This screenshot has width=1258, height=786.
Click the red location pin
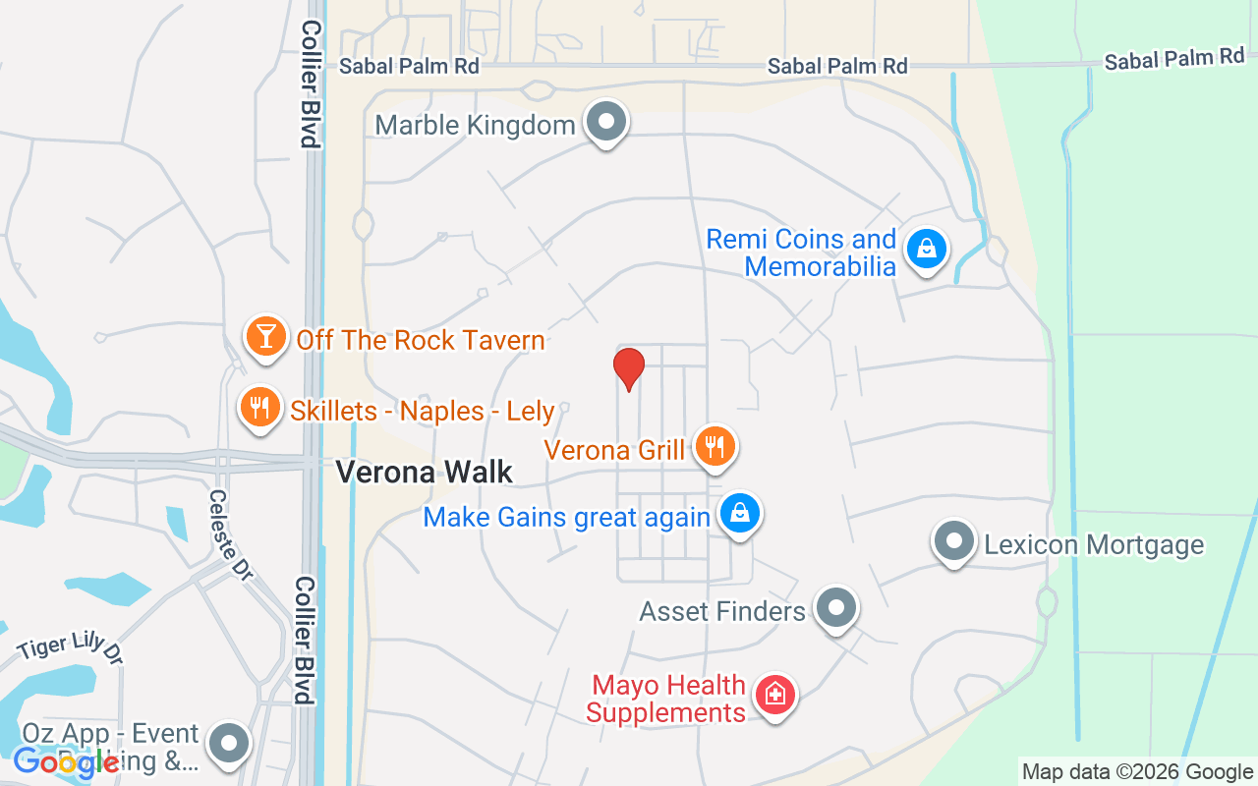pos(628,368)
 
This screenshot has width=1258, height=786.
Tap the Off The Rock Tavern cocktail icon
pos(264,336)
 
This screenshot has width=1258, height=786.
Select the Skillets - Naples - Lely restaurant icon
pos(259,406)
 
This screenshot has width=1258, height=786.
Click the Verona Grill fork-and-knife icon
pos(715,447)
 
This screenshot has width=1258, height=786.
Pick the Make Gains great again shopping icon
pos(740,514)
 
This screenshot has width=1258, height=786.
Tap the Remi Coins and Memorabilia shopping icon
pos(926,249)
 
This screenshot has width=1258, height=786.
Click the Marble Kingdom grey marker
pos(606,123)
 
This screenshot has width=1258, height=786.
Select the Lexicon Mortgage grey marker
pos(953,541)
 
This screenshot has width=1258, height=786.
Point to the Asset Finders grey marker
pos(836,608)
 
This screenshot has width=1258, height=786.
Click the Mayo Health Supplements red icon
pos(775,696)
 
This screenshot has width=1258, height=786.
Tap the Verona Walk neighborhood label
pos(425,473)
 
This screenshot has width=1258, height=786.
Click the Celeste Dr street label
pos(229,534)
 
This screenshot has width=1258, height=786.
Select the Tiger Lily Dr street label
pos(69,648)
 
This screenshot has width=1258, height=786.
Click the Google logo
pos(67,761)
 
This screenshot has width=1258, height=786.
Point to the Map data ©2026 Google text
pos(1137,772)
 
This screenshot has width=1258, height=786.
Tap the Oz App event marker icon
pos(231,744)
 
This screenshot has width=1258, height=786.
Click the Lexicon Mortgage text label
pos(1094,544)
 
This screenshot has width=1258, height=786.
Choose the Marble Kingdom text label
pos(475,126)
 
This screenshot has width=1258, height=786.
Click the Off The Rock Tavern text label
pos(421,341)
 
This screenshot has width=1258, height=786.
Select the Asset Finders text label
pos(722,611)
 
